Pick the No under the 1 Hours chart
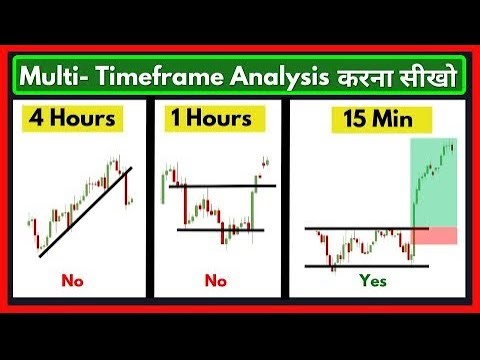[215, 281]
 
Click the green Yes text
[372, 281]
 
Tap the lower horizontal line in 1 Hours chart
[219, 230]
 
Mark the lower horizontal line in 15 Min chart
[366, 265]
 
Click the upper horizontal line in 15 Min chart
[360, 229]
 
